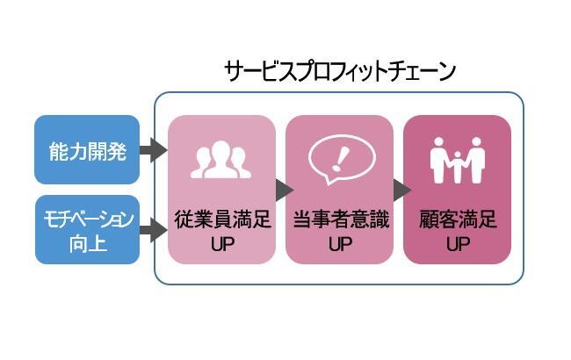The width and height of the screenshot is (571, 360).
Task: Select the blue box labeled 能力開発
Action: point(87,149)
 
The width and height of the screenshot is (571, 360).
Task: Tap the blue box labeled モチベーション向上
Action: point(87,230)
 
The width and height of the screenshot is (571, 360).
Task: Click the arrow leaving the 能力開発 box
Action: point(154,150)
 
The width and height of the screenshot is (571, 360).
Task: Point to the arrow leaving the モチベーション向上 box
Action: point(154,230)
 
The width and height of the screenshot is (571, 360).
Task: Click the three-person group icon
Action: point(221,160)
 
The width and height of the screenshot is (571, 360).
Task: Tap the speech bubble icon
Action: point(342,160)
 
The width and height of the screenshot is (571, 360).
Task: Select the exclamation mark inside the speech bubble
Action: point(340,159)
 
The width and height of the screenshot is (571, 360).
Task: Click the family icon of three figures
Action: point(458,160)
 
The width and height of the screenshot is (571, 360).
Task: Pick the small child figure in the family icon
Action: point(458,167)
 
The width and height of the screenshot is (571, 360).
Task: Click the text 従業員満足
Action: point(222,220)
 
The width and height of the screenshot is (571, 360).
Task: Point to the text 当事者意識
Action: point(341,220)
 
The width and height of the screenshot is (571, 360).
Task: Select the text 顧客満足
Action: point(458,220)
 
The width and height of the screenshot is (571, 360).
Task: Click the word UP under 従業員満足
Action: point(222,244)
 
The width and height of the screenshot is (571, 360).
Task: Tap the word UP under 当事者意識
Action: point(341,244)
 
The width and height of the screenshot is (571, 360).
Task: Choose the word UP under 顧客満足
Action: point(458,244)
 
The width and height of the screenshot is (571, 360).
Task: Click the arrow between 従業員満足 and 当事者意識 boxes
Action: point(285,190)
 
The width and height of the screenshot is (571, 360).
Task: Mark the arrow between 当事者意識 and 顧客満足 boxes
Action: point(402,190)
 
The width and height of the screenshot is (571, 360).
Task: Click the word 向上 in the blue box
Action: point(88,243)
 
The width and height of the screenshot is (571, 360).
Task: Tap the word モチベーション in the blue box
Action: point(88,220)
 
